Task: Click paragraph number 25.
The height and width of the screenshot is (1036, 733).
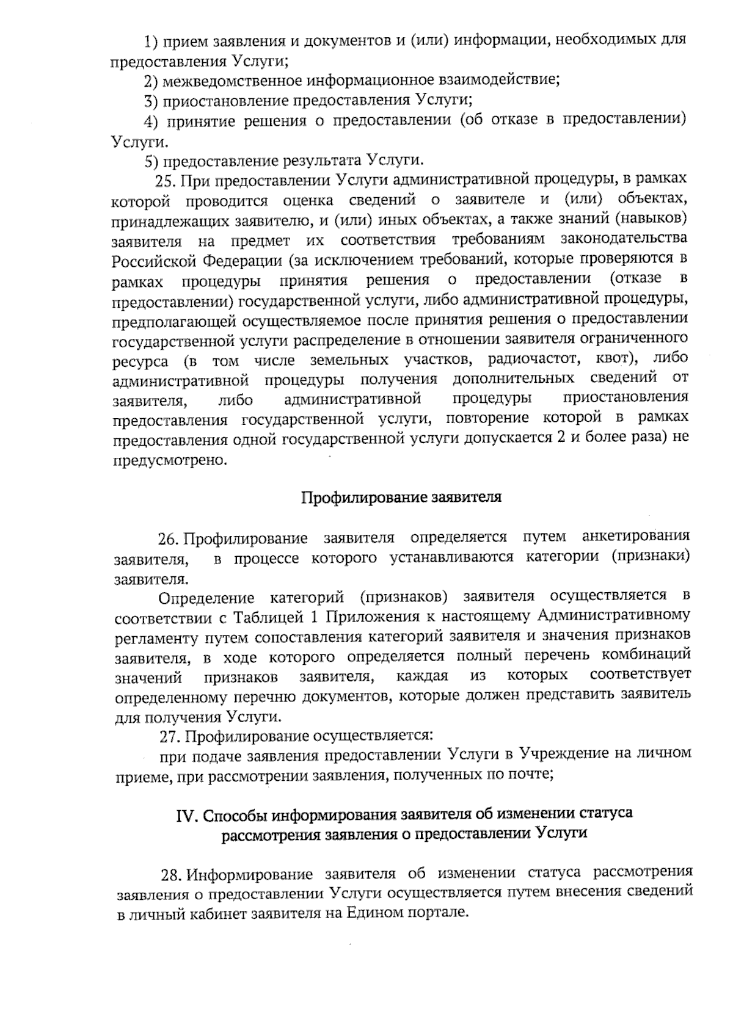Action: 166,180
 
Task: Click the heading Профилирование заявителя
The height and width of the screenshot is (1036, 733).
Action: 401,496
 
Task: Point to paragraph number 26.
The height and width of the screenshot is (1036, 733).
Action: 168,539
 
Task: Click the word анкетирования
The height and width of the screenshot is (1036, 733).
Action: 636,537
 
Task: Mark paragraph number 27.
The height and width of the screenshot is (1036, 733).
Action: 169,736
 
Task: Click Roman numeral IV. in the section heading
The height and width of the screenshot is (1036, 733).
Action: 186,816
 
